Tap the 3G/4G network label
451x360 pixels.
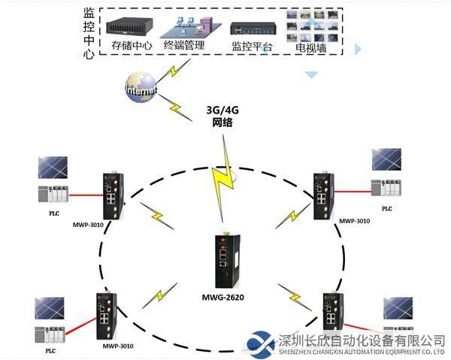[224, 114]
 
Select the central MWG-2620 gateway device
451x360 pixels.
[225, 260]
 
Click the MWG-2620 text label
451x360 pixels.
[222, 298]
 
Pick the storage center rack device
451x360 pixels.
[132, 26]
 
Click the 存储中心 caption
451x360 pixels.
[132, 46]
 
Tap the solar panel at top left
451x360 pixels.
[53, 167]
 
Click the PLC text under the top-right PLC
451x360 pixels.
[387, 209]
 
